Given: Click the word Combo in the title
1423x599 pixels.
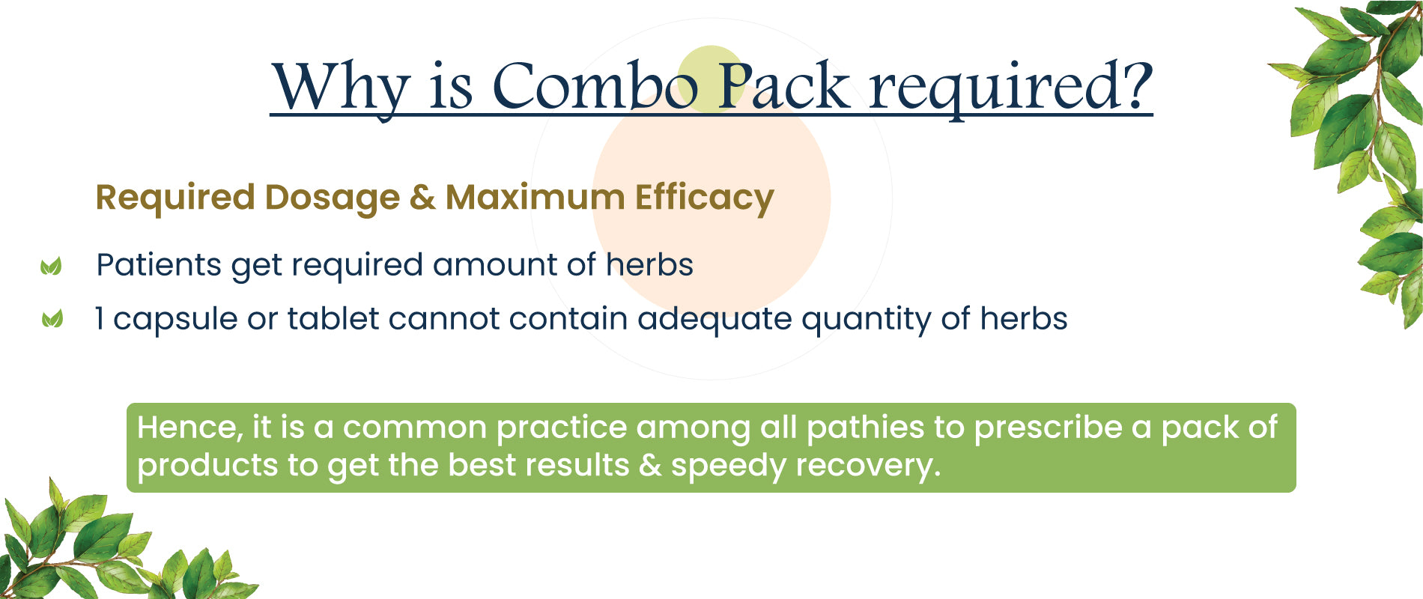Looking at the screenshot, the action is pos(595,85).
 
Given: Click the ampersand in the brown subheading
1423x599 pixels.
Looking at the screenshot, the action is pos(422,198).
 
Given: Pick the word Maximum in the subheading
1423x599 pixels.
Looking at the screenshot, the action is pos(535,198).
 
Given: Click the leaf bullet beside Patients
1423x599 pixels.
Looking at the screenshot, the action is pos(51,266).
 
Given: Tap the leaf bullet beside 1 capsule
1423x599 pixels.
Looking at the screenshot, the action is pos(52,319).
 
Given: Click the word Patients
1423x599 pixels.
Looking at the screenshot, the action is pos(159,265).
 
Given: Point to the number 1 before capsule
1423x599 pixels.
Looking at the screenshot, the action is pos(100,319).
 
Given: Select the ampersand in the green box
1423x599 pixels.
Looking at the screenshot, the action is pos(650,466).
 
